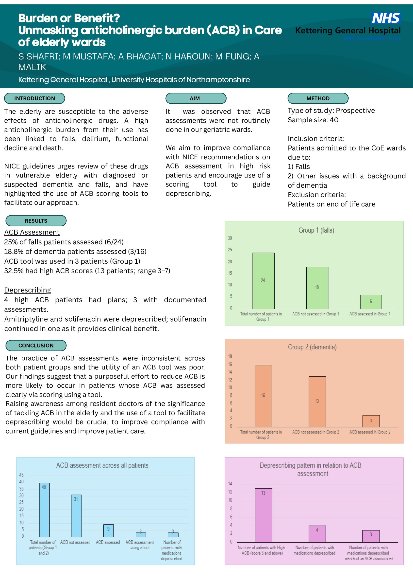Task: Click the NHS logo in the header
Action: point(386,18)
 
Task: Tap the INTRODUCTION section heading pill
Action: point(35,98)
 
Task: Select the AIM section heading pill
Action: point(196,98)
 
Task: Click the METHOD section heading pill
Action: point(318,98)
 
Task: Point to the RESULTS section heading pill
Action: point(36,221)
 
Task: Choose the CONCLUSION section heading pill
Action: point(36,346)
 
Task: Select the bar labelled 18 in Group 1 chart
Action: point(317,288)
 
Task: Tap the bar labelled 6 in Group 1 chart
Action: point(371,302)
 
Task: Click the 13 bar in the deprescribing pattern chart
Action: point(263,515)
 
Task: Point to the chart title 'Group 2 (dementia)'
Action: point(312,347)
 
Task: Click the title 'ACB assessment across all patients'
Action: point(102,465)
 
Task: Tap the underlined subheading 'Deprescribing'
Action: point(28,290)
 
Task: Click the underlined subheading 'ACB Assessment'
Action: point(32,232)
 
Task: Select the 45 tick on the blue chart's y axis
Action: point(21,475)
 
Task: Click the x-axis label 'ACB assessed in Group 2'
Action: point(370,432)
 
